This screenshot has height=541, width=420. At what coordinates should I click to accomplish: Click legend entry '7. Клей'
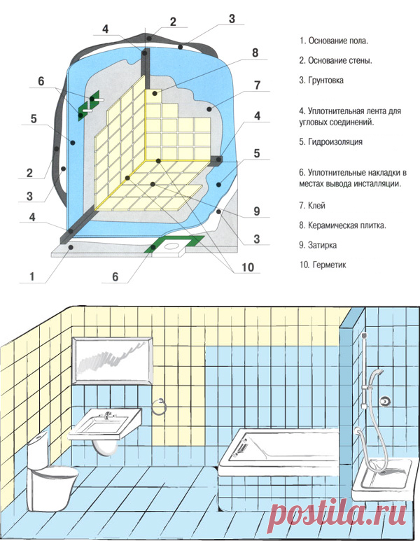312,206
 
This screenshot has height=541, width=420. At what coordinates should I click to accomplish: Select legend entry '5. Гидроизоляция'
330,142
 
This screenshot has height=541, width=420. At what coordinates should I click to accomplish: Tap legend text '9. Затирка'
318,246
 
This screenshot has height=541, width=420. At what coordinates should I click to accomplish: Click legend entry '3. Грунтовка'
321,80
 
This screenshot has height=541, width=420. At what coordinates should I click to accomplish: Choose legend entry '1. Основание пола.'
334,41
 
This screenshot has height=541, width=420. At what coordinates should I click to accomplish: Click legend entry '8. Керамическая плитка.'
343,225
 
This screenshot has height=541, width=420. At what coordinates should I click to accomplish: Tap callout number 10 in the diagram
248,267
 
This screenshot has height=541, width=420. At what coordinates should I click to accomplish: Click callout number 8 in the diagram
255,52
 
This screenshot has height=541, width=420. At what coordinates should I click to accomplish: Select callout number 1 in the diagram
32,276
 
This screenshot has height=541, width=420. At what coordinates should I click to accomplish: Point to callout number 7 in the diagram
257,85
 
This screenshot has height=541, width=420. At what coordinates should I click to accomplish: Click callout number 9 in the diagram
257,211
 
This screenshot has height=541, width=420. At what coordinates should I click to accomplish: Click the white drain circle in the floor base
171,246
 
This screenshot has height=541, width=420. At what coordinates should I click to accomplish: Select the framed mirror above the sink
113,360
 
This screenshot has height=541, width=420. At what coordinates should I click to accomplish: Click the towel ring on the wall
160,407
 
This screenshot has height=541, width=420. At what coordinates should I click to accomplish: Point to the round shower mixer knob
385,401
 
